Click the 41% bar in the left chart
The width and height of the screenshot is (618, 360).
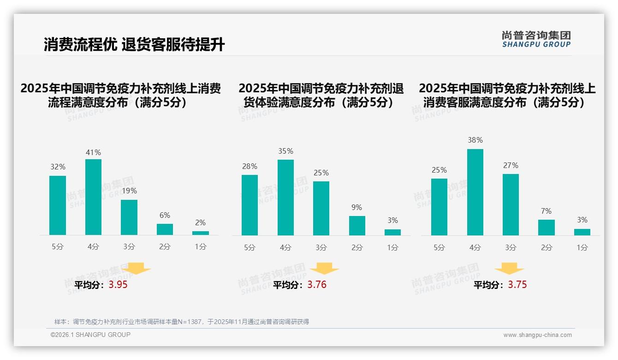click(x=93, y=197)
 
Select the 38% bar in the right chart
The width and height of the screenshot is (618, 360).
click(x=475, y=192)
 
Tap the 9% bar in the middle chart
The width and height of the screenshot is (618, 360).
click(x=357, y=226)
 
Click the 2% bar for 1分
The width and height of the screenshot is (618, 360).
click(x=201, y=233)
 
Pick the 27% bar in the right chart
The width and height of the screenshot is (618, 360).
click(x=511, y=204)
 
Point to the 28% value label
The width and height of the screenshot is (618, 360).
click(x=250, y=166)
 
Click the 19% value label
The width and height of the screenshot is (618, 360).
click(x=129, y=191)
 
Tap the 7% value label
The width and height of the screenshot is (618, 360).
click(x=546, y=211)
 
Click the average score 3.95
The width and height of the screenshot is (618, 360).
click(x=118, y=285)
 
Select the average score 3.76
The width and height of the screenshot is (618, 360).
click(x=317, y=285)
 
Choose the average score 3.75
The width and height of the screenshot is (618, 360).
click(x=517, y=285)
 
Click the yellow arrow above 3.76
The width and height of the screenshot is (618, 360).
click(x=324, y=269)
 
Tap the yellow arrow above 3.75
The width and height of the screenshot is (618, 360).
click(x=509, y=269)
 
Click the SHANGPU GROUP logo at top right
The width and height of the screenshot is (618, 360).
click(x=536, y=39)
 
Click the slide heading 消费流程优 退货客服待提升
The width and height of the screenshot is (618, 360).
click(x=134, y=45)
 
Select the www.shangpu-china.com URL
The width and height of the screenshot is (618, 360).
click(x=537, y=335)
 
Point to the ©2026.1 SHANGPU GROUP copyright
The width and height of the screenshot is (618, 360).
click(x=90, y=335)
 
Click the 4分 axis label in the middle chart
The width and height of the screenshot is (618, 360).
click(x=285, y=247)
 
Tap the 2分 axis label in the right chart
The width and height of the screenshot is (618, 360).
click(x=546, y=247)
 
